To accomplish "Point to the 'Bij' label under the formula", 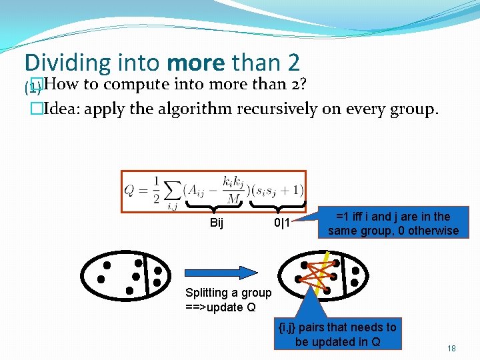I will click(x=216, y=223).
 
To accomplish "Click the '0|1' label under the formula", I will click(x=282, y=223).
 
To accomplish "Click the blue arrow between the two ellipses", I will click(x=221, y=272).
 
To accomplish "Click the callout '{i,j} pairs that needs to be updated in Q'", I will click(x=337, y=334).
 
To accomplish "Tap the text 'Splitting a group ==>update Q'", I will click(x=229, y=299).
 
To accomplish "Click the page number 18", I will click(x=451, y=349).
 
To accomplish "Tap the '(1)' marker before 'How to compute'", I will click(x=31, y=87).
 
